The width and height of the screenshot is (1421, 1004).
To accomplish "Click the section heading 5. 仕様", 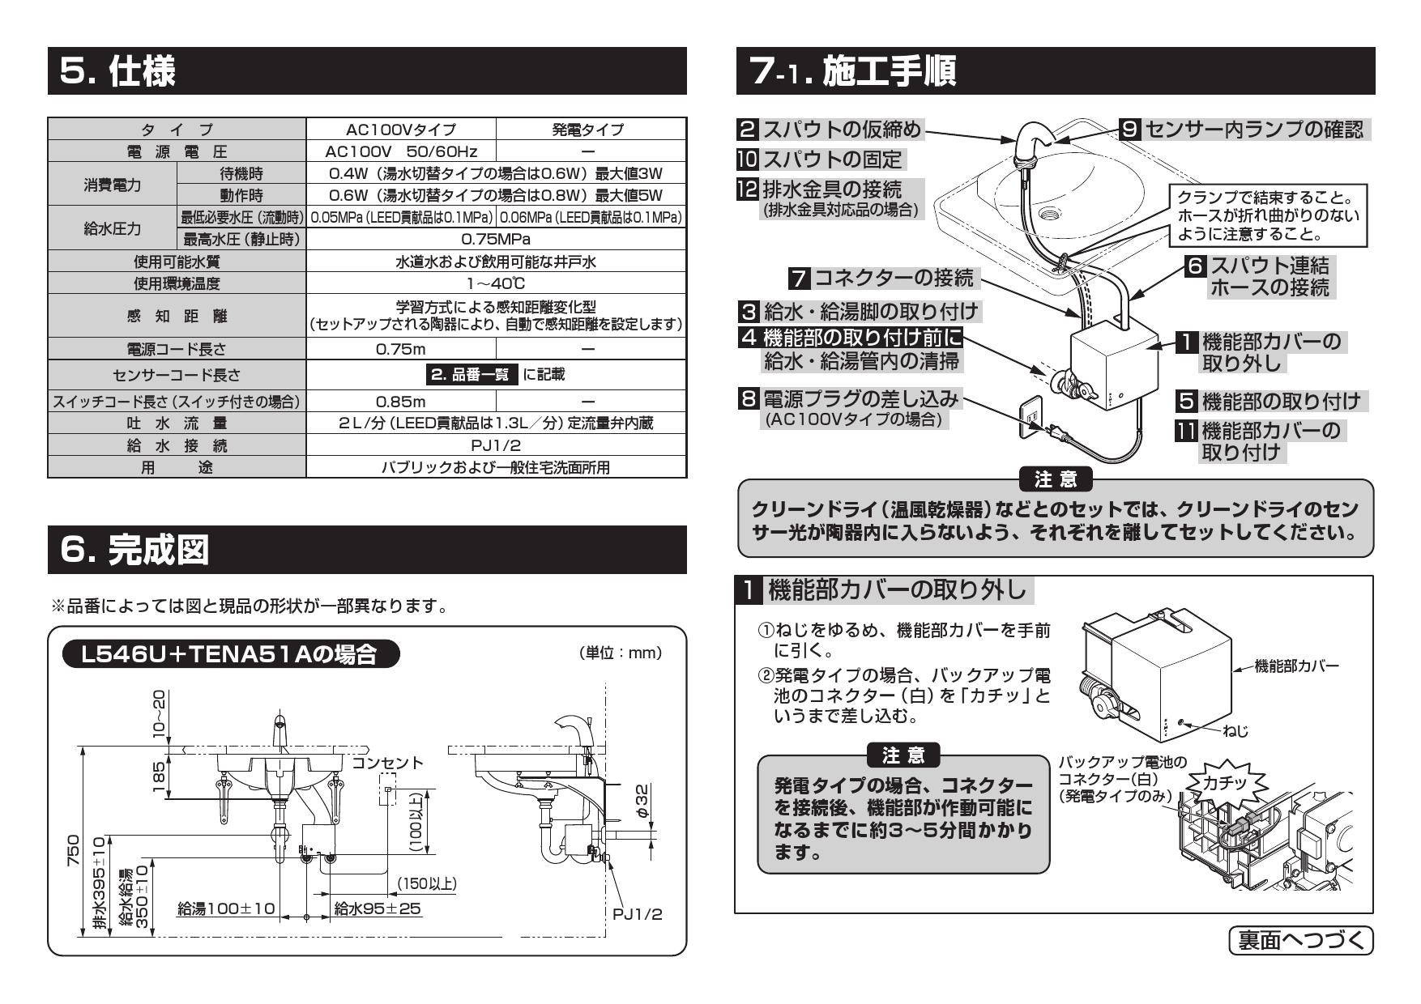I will [x=118, y=72].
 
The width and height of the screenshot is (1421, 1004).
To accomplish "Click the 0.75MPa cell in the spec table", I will [x=496, y=239].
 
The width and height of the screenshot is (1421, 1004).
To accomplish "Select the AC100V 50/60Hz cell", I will [x=401, y=151].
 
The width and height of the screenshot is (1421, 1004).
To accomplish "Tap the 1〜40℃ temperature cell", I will [x=496, y=283].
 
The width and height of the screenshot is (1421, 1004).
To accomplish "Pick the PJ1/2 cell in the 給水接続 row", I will [x=496, y=445].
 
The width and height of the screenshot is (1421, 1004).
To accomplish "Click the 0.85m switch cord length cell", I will [x=401, y=401].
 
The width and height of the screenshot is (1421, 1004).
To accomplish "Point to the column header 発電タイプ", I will [x=589, y=130].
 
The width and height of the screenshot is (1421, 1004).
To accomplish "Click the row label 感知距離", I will [x=177, y=317].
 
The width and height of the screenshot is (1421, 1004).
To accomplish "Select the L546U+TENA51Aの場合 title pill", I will [x=231, y=654].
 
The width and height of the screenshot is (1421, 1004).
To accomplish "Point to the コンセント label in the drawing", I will [x=387, y=763].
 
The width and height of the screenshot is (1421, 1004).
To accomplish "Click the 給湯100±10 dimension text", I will [x=227, y=908].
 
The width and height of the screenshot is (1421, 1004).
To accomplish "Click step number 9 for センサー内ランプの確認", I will [x=1131, y=129].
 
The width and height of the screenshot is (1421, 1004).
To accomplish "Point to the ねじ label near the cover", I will [x=1235, y=731].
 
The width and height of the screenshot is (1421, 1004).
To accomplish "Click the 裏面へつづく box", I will [x=1301, y=941].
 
